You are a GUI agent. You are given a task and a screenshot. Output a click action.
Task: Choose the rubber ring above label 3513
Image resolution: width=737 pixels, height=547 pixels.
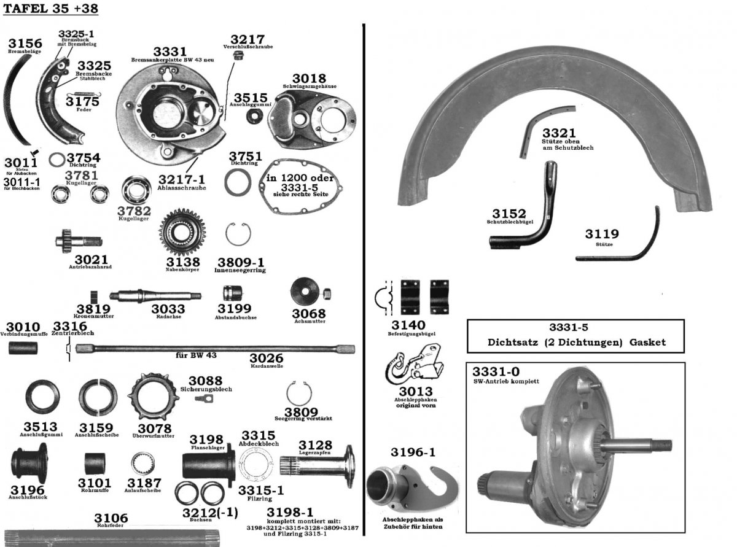(42, 397)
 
